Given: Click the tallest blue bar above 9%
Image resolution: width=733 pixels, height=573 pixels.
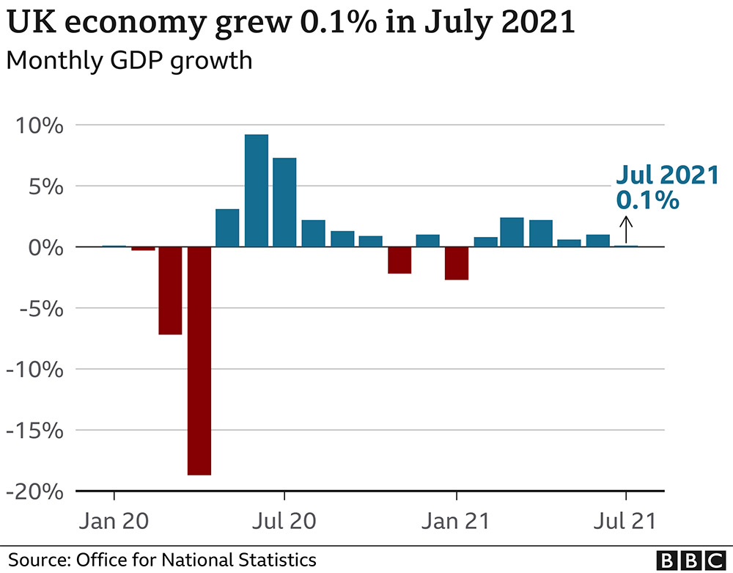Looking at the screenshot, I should coord(256,191).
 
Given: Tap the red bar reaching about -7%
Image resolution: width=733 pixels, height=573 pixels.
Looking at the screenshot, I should coord(170,291).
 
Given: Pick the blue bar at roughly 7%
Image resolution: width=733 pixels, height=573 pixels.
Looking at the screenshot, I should coord(284,202).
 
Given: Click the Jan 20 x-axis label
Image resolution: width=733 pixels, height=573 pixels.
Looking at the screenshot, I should coord(113,522).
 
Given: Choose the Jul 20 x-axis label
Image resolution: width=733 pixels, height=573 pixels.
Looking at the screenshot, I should coord(284,522).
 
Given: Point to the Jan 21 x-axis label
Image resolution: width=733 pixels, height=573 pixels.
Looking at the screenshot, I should coord(456,522).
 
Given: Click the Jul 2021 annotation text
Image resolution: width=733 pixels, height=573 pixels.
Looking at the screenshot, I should coord(666,175).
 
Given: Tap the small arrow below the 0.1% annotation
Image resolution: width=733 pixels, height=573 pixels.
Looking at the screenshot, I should coord(626,230).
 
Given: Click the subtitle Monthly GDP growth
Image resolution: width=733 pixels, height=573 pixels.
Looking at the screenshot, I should coord(129,60).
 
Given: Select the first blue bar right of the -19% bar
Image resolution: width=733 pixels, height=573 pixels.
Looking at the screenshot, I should coord(227,228).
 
